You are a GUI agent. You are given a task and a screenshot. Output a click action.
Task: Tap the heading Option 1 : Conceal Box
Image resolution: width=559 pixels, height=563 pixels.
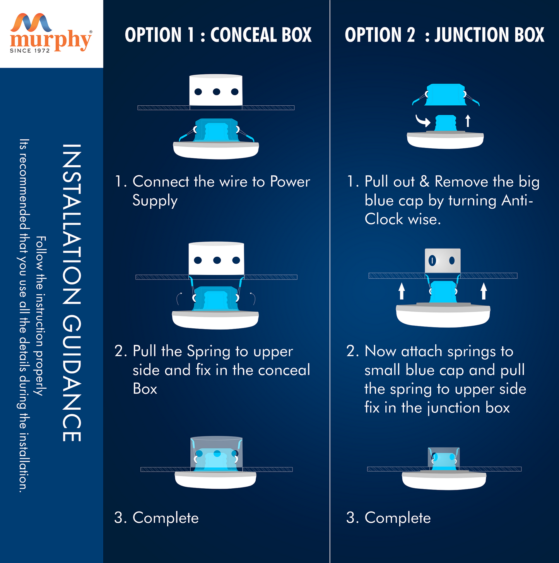click(x=218, y=35)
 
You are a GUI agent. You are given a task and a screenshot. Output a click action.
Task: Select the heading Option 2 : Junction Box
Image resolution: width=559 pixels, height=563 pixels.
click(x=444, y=35)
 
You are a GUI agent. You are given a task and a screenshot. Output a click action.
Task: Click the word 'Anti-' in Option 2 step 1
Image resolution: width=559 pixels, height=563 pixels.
click(x=517, y=201)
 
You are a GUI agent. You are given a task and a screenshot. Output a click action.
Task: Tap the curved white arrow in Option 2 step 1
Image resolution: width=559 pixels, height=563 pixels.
click(x=423, y=121)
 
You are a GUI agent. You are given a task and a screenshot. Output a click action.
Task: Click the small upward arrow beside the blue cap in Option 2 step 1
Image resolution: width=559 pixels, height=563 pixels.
click(x=468, y=120)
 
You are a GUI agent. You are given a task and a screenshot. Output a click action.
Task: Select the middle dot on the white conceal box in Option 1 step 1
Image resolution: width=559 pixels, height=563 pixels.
click(x=217, y=92)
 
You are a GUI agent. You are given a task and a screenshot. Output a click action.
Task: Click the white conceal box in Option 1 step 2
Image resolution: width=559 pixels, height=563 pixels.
click(x=216, y=258)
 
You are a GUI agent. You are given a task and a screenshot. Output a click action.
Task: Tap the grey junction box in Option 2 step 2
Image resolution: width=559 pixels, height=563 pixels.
click(x=443, y=261)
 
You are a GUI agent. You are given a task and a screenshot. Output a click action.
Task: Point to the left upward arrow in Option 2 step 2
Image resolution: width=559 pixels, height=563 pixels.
click(x=402, y=291)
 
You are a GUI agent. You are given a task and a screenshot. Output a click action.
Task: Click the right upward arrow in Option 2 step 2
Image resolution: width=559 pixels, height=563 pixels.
click(x=484, y=291)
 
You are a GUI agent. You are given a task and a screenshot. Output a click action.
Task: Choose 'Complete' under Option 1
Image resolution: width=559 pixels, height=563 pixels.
click(x=165, y=518)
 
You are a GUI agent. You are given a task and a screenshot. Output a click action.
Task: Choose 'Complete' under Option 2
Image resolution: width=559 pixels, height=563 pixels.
click(x=397, y=518)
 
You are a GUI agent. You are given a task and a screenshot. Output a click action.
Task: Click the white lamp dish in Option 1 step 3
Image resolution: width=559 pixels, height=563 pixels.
click(x=215, y=481)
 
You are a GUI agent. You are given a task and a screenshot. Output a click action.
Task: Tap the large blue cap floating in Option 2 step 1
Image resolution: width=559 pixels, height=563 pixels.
click(x=445, y=94)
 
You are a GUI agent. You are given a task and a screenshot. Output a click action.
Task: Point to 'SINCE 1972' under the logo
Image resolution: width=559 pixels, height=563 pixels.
click(x=30, y=51)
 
